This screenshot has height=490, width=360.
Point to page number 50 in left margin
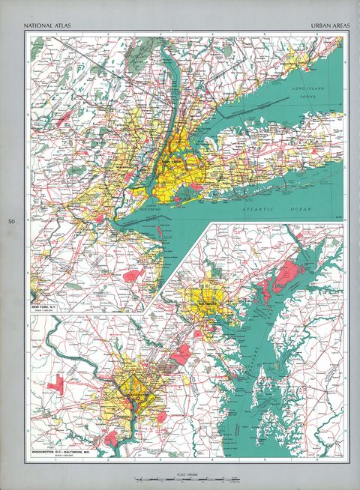[x=12, y=222]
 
